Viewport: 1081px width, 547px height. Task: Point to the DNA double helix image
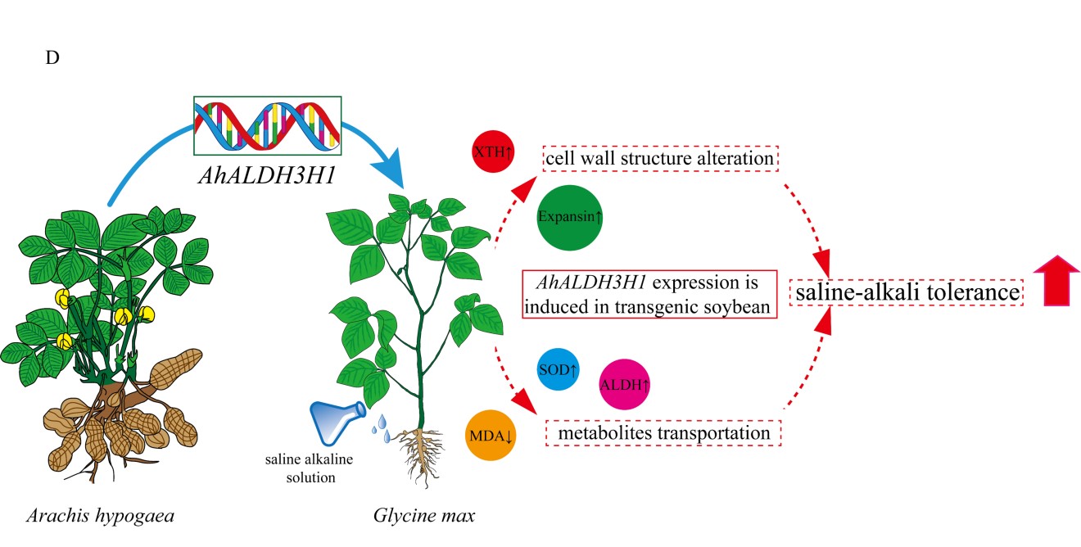[x=267, y=125]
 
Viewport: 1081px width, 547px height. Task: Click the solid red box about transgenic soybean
[x=649, y=295]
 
